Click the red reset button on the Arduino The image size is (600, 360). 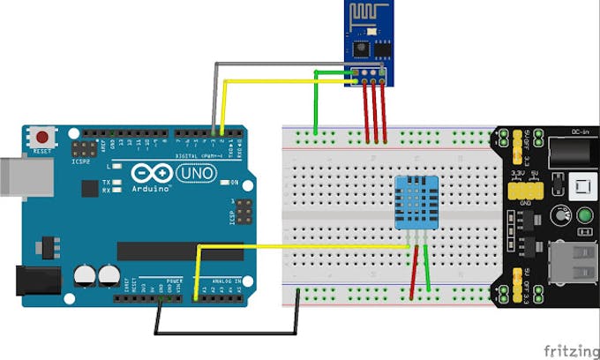(41, 137)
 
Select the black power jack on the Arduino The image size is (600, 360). (37, 281)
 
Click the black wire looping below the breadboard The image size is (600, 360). (229, 334)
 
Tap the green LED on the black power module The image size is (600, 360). (585, 215)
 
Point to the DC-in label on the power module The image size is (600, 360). (580, 131)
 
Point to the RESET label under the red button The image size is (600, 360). (41, 152)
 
